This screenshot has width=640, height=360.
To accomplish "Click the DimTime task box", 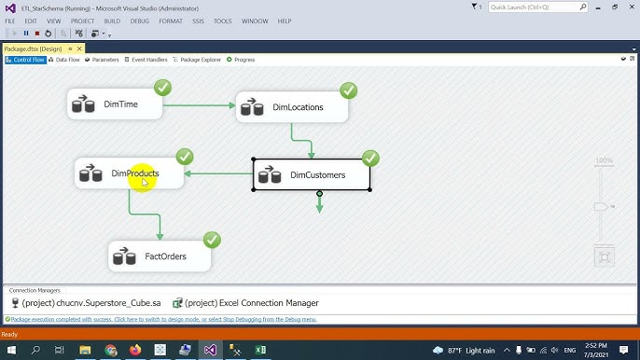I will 115,104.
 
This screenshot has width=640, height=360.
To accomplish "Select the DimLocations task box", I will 291,107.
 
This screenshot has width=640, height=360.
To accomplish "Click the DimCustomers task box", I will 312,174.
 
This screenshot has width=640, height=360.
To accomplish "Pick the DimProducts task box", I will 129,173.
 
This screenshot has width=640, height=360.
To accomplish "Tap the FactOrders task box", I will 160,256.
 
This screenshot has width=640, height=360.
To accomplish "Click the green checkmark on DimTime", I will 162,88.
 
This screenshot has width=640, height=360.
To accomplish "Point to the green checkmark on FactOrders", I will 212,240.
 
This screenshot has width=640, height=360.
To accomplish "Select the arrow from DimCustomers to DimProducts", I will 218,173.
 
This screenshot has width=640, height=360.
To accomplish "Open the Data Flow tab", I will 64,60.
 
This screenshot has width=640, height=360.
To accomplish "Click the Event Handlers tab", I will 146,60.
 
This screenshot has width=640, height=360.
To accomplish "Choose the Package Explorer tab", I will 199,60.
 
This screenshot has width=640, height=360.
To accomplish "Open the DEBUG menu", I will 140,21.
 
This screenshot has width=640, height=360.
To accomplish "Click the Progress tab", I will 242,60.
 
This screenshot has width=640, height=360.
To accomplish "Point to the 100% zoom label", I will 604,160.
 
